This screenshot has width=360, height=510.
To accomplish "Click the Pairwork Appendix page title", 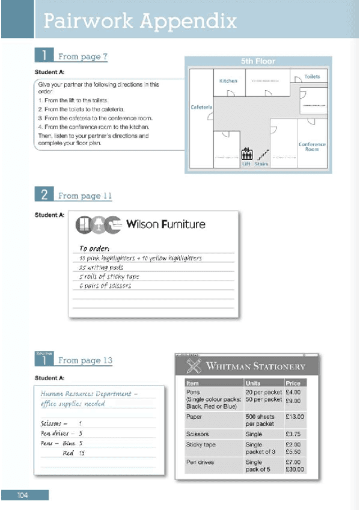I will [x=140, y=22].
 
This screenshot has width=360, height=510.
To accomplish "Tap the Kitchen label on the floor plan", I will [x=228, y=81].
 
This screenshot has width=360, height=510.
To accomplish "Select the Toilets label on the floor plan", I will [x=312, y=77].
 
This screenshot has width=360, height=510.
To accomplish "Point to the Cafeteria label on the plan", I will [x=201, y=107].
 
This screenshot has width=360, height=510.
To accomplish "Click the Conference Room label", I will [x=312, y=147].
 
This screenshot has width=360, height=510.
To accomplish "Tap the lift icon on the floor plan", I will [x=246, y=154].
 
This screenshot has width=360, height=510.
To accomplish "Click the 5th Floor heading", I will [x=258, y=61].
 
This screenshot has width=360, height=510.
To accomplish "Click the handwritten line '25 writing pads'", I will [x=102, y=267].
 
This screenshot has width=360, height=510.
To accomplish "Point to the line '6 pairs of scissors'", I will [x=105, y=286].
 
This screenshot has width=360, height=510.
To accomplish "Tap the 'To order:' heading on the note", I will [x=96, y=248].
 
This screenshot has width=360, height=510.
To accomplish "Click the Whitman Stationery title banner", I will [x=247, y=366].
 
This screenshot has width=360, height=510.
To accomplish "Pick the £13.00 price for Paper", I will [x=294, y=416].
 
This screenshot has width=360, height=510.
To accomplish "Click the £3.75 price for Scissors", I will [x=293, y=433].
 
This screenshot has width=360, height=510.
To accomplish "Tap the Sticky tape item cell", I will [x=201, y=445].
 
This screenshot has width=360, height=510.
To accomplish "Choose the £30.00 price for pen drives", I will [x=294, y=469].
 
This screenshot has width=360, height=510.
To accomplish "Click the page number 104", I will [x=23, y=495].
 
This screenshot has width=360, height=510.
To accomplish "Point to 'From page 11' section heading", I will [x=85, y=196].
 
